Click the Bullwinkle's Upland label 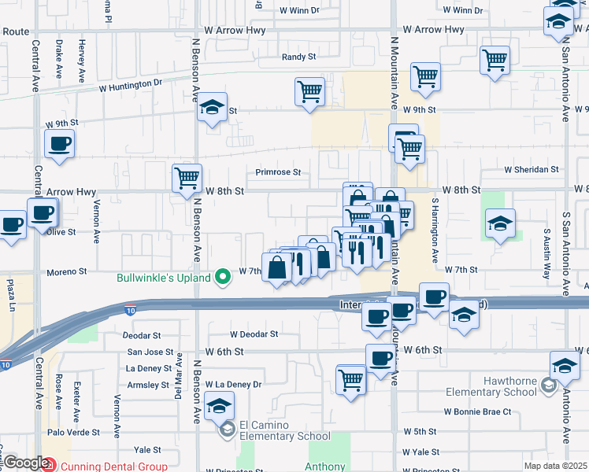point(164,278)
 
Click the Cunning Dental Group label point(113,466)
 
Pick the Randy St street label point(298,57)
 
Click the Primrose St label point(278,172)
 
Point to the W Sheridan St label point(532,169)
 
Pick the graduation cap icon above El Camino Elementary point(218,407)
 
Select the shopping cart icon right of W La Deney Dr point(350,379)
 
